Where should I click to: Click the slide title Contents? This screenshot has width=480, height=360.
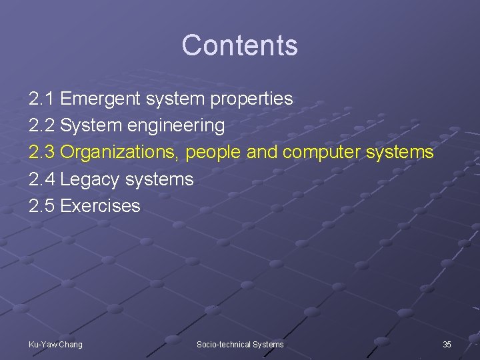239,45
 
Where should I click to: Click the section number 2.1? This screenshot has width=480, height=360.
42,99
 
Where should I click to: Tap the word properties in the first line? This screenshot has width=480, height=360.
251,99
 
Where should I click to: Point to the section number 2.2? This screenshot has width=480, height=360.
42,125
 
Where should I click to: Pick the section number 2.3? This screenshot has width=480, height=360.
42,152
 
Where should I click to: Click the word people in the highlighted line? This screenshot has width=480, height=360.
214,153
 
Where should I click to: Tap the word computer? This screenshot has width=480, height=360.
322,153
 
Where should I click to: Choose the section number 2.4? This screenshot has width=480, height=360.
42,179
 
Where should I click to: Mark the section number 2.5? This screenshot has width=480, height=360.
42,206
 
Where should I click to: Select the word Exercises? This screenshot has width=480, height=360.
100,206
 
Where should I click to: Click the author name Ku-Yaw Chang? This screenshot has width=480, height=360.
56,344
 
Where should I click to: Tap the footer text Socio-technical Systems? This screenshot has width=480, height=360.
240,344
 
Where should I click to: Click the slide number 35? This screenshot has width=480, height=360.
447,344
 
